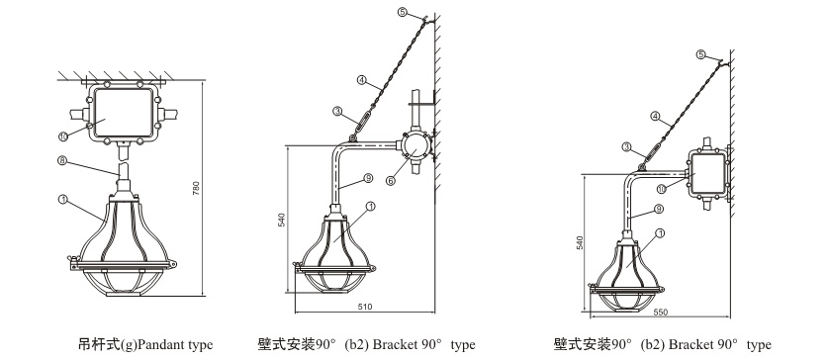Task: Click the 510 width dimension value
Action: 365,307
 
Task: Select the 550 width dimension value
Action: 661,313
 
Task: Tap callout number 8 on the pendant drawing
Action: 61,160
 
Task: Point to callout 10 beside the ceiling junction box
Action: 62,136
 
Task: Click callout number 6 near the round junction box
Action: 390,181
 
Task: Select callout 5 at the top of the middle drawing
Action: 403,12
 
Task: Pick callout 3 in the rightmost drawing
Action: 626,146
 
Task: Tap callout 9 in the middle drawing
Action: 369,179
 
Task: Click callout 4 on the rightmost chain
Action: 655,116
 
